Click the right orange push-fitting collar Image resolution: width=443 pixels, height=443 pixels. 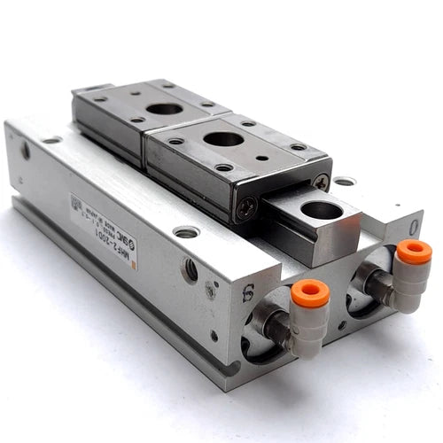pos(413,253)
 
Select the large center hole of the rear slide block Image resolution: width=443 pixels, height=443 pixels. pos(165,109)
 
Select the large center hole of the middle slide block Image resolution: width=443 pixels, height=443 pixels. pos(224,138)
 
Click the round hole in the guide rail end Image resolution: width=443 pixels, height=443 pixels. pos(322,210)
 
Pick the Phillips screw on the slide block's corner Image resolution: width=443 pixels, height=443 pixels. pos(320,181)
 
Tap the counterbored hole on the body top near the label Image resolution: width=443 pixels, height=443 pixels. pos(186,232)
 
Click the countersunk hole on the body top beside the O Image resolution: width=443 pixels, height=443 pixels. pos(344,181)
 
